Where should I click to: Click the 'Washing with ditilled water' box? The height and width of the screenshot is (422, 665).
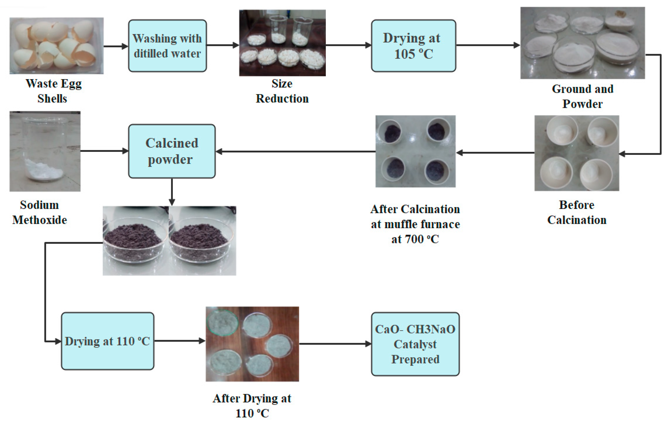tap(167, 46)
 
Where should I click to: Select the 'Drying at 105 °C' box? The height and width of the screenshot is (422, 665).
tap(413, 46)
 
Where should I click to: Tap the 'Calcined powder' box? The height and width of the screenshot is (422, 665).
tap(172, 151)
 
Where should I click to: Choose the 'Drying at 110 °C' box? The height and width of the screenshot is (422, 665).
tap(107, 341)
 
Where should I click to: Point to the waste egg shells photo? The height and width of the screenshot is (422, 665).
tap(57, 46)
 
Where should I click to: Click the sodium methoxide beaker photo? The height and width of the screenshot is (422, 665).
tap(45, 151)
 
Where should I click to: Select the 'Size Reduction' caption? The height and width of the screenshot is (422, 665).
tap(282, 91)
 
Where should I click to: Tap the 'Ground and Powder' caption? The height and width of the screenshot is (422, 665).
tap(583, 96)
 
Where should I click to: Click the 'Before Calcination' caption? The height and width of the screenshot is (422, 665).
tap(577, 212)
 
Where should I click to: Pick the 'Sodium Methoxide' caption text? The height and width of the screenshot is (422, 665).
tap(40, 212)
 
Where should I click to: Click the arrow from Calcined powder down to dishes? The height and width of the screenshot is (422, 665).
tap(172, 192)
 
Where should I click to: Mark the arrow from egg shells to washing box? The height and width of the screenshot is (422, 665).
tap(116, 46)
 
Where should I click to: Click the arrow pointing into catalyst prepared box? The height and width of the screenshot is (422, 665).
tap(335, 344)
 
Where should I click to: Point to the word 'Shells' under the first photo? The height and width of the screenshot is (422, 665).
tap(52, 99)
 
